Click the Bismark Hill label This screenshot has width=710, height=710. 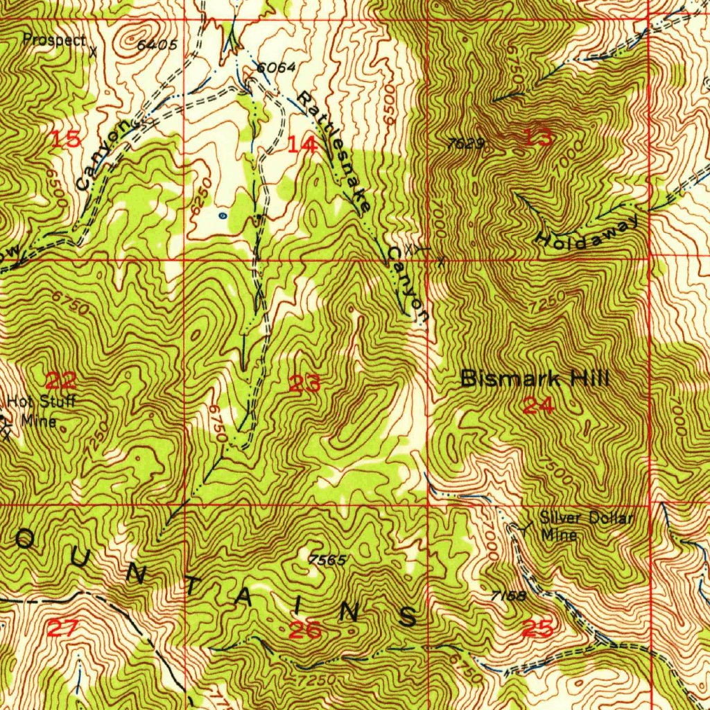tap(535, 379)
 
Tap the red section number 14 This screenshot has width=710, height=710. tap(302, 145)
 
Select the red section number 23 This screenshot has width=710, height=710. tap(304, 383)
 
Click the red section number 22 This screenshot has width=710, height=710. tap(60, 380)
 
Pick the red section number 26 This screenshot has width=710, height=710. tap(305, 630)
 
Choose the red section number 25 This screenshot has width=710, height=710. tap(538, 629)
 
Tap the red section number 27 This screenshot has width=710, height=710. tap(63, 629)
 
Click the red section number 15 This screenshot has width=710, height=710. tap(66, 139)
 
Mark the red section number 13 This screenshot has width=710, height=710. tap(538, 138)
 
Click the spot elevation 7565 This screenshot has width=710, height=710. tap(327, 559)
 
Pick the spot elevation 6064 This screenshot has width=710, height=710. tap(276, 68)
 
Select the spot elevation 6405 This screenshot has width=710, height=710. tap(157, 46)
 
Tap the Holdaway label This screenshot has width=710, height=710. tap(587, 231)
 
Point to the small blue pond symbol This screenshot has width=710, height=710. tap(222, 216)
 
